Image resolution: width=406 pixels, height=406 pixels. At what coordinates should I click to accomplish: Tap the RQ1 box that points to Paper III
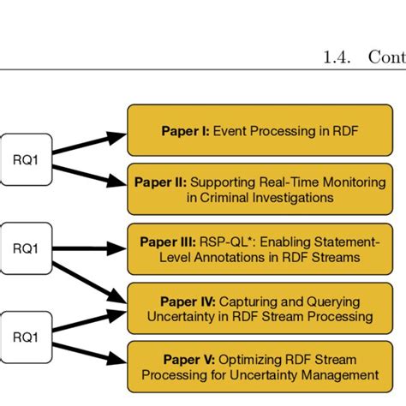[27, 248]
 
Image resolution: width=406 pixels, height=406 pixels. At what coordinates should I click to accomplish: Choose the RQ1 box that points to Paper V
[27, 337]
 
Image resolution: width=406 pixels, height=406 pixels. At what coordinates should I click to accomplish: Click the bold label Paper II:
[160, 181]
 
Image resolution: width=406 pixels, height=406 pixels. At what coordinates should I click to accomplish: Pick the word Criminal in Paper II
[230, 198]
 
